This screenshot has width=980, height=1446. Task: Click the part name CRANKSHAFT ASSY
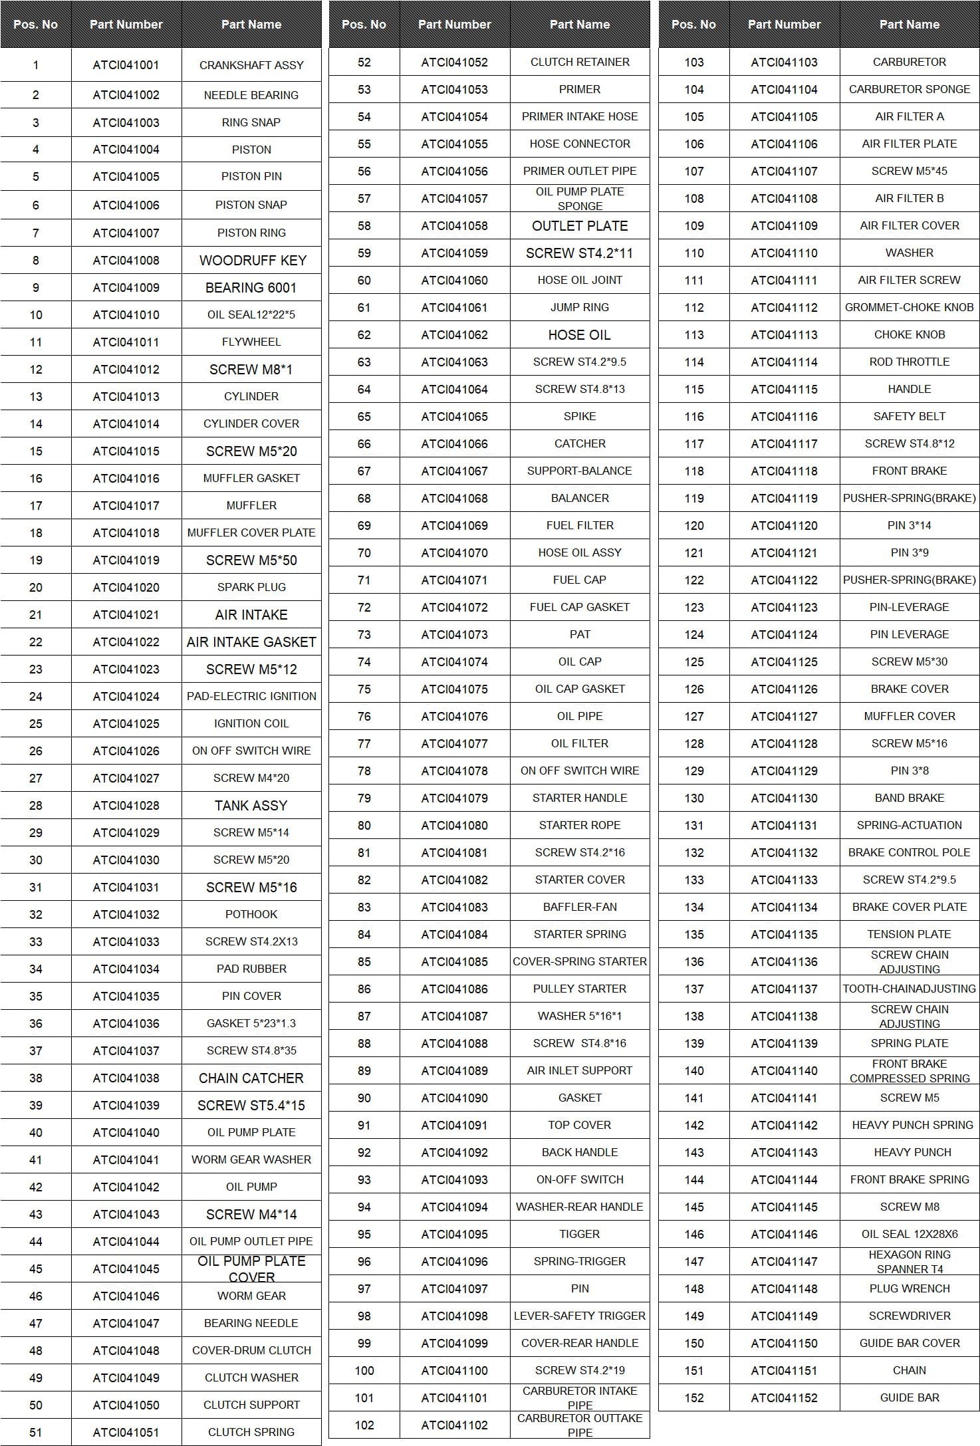tap(251, 65)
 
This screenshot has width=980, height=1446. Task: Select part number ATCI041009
tap(126, 288)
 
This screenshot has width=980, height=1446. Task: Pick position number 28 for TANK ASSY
tap(36, 806)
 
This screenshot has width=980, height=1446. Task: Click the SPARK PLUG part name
tap(251, 587)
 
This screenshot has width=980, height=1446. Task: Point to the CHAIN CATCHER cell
tap(251, 1078)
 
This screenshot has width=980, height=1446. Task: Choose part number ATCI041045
tap(126, 1268)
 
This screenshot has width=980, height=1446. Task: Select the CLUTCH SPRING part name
tap(251, 1432)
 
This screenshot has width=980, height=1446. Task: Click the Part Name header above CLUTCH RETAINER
tap(579, 25)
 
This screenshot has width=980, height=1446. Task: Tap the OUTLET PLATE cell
tap(580, 226)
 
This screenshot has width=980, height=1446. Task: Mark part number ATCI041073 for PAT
tap(454, 635)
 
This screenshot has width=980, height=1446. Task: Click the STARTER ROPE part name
tap(580, 825)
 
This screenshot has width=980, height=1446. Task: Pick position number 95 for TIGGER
tap(364, 1235)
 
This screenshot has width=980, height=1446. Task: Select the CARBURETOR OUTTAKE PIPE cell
tap(580, 1425)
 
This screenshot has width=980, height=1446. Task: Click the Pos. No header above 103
tap(693, 25)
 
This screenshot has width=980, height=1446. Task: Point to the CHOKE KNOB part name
tap(910, 334)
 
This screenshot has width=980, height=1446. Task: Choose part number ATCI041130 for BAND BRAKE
tap(784, 798)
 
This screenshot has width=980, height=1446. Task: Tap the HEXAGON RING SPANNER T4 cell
tap(910, 1262)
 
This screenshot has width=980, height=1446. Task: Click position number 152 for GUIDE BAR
tap(694, 1398)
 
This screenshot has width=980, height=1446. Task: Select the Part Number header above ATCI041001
tap(126, 25)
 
